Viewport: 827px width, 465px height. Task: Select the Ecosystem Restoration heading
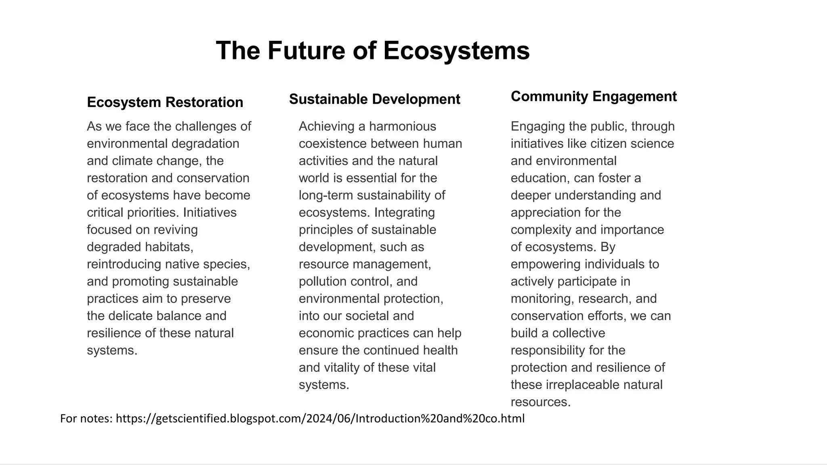point(165,102)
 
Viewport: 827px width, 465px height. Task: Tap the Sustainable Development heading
point(374,99)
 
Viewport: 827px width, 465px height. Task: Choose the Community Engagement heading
point(593,96)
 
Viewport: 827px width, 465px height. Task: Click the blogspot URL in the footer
point(320,419)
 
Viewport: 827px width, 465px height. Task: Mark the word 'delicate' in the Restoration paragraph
point(130,316)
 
